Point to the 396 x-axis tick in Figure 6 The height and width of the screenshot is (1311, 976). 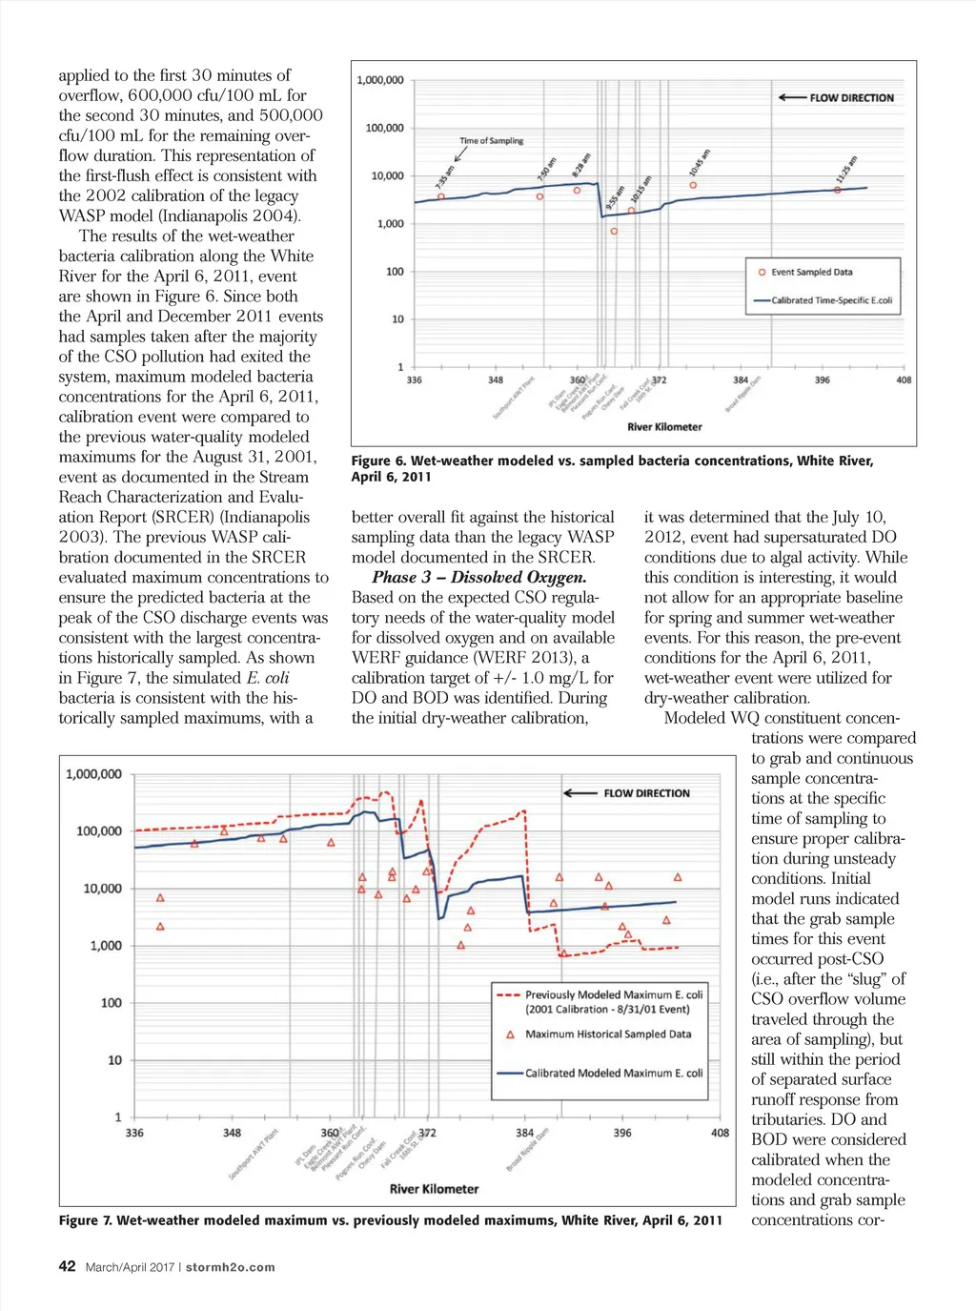pos(822,379)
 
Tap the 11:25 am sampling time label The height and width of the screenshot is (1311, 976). pos(846,169)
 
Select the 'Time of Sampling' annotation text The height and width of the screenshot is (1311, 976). pos(491,141)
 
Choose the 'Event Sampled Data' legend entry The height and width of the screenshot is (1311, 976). pos(811,273)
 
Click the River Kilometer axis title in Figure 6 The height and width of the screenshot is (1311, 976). pos(664,427)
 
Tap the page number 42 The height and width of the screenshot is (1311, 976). pos(67,1266)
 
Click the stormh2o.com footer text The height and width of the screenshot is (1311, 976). pos(230,1267)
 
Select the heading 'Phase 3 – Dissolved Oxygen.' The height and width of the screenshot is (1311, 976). pos(478,577)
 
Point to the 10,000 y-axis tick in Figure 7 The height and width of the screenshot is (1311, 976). pos(102,889)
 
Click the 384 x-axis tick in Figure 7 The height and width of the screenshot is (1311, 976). pos(524,1133)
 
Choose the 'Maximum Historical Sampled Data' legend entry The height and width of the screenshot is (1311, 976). pos(607,1034)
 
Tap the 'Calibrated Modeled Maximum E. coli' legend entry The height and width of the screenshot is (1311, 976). pos(613,1074)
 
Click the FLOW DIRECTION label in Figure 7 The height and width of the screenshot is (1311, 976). pos(646,793)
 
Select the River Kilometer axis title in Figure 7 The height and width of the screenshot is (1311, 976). pos(434,1189)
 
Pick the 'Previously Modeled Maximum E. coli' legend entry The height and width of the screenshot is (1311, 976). pos(613,995)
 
